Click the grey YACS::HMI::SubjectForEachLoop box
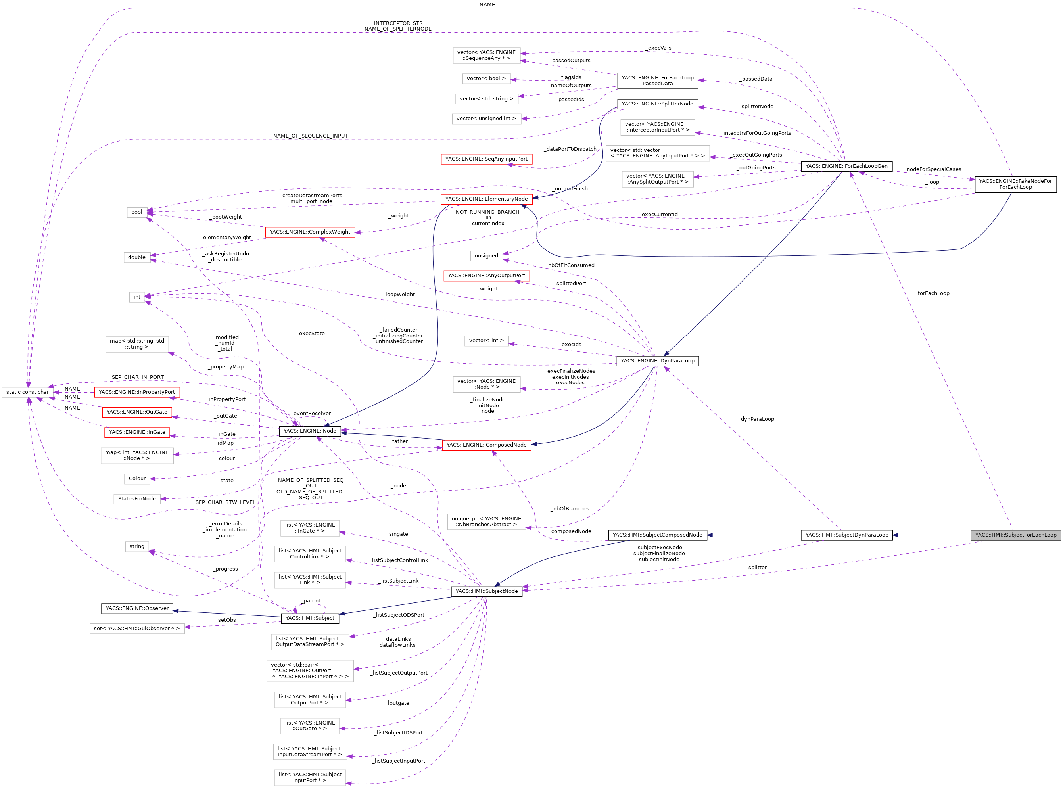pyautogui.click(x=1015, y=535)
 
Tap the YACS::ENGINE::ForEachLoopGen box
pyautogui.click(x=846, y=166)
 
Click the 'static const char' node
pyautogui.click(x=27, y=392)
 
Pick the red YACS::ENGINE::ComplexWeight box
pyautogui.click(x=310, y=232)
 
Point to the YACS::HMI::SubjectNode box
pyautogui.click(x=486, y=591)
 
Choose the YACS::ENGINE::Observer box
pyautogui.click(x=137, y=608)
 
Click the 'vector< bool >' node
pyautogui.click(x=486, y=78)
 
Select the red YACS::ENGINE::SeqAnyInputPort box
pyautogui.click(x=486, y=159)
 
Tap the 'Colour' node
pyautogui.click(x=137, y=478)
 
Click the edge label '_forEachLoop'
pyautogui.click(x=932, y=293)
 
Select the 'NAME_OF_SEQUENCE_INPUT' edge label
pyautogui.click(x=310, y=136)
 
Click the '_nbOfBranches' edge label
pyautogui.click(x=570, y=508)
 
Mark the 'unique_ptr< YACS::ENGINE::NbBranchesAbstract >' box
pyautogui.click(x=486, y=521)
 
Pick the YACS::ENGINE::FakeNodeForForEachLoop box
pyautogui.click(x=1015, y=184)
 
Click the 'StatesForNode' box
pyautogui.click(x=137, y=498)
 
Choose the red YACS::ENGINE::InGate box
pyautogui.click(x=137, y=432)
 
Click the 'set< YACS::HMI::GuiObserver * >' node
pyautogui.click(x=137, y=628)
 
